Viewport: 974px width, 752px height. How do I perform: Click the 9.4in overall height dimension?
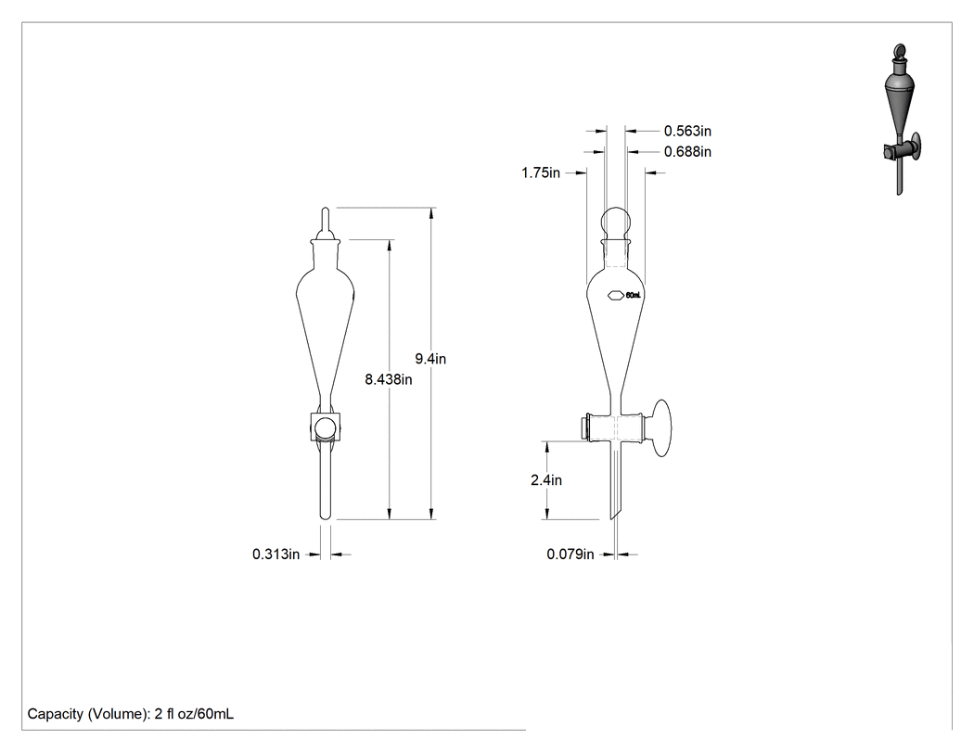[430, 359]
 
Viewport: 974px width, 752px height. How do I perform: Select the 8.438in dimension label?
[389, 379]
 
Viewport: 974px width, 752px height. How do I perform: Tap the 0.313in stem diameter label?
[276, 554]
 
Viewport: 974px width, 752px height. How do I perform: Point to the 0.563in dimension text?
[687, 131]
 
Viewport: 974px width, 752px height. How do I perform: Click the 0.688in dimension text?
[687, 151]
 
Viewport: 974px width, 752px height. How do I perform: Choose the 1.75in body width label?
[541, 172]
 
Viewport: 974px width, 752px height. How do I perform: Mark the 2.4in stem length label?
[546, 480]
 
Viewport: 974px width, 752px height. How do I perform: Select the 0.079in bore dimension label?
[570, 554]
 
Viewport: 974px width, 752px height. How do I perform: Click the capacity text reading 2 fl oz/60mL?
[194, 714]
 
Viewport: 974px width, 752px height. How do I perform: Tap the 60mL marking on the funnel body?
[633, 296]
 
